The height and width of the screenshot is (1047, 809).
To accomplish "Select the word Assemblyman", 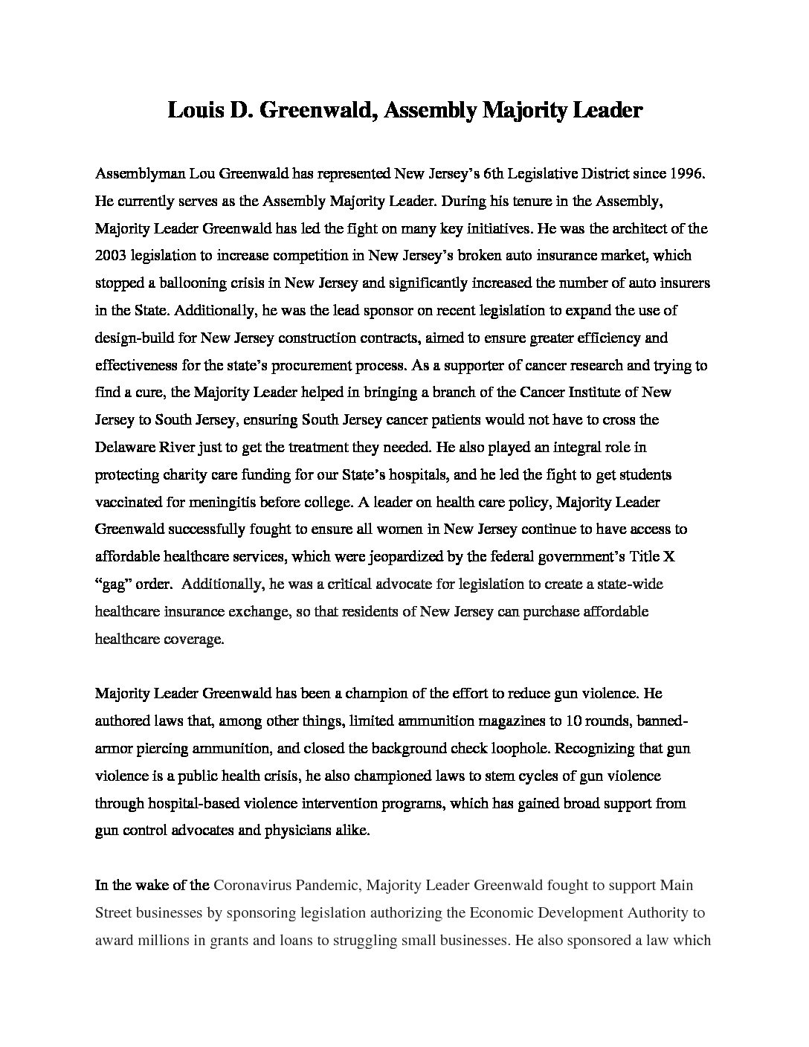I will click(x=140, y=173).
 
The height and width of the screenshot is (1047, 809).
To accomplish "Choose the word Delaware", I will click(x=124, y=448).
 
